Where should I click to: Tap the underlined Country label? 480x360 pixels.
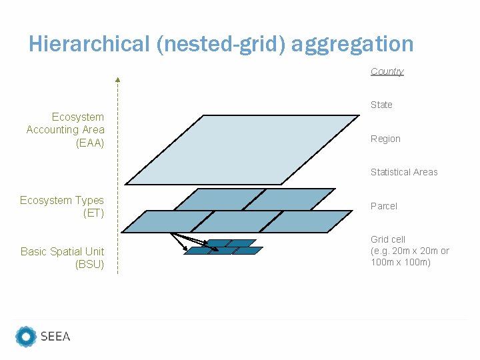tap(387, 71)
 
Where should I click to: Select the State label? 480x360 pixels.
tap(381, 105)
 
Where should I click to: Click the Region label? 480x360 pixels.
tap(385, 139)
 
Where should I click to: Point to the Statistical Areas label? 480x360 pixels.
tap(404, 172)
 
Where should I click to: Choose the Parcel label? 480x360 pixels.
tap(383, 206)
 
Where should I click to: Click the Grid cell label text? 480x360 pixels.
tap(388, 239)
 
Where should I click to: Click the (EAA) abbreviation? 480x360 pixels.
tap(90, 143)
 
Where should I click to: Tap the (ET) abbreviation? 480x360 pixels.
tap(93, 213)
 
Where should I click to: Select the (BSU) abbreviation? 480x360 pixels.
tap(90, 265)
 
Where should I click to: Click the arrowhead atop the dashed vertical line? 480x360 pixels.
tap(117, 80)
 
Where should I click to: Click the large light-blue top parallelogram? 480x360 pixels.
tap(240, 149)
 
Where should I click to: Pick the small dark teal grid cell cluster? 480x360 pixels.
tap(223, 247)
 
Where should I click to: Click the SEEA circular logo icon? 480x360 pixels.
tap(26, 337)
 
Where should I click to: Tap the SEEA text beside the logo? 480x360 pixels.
tap(55, 337)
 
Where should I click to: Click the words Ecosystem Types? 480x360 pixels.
tap(62, 200)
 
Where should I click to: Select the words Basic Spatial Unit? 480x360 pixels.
tap(62, 251)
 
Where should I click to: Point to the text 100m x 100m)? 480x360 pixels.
tap(401, 262)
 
